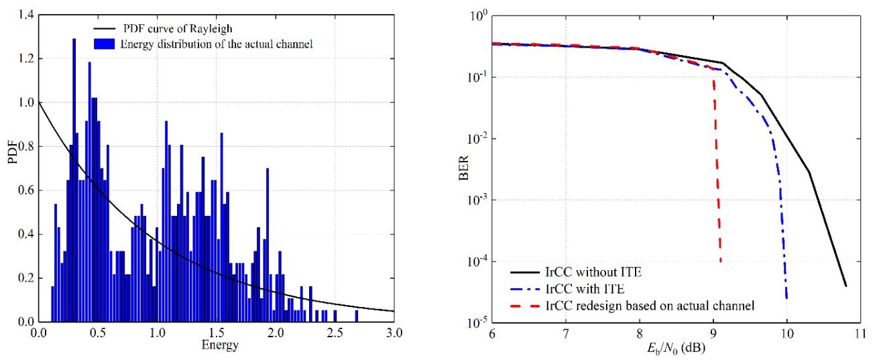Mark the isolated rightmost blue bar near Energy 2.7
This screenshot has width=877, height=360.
pos(356,316)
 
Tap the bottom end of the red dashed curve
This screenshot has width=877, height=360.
pos(721,261)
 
